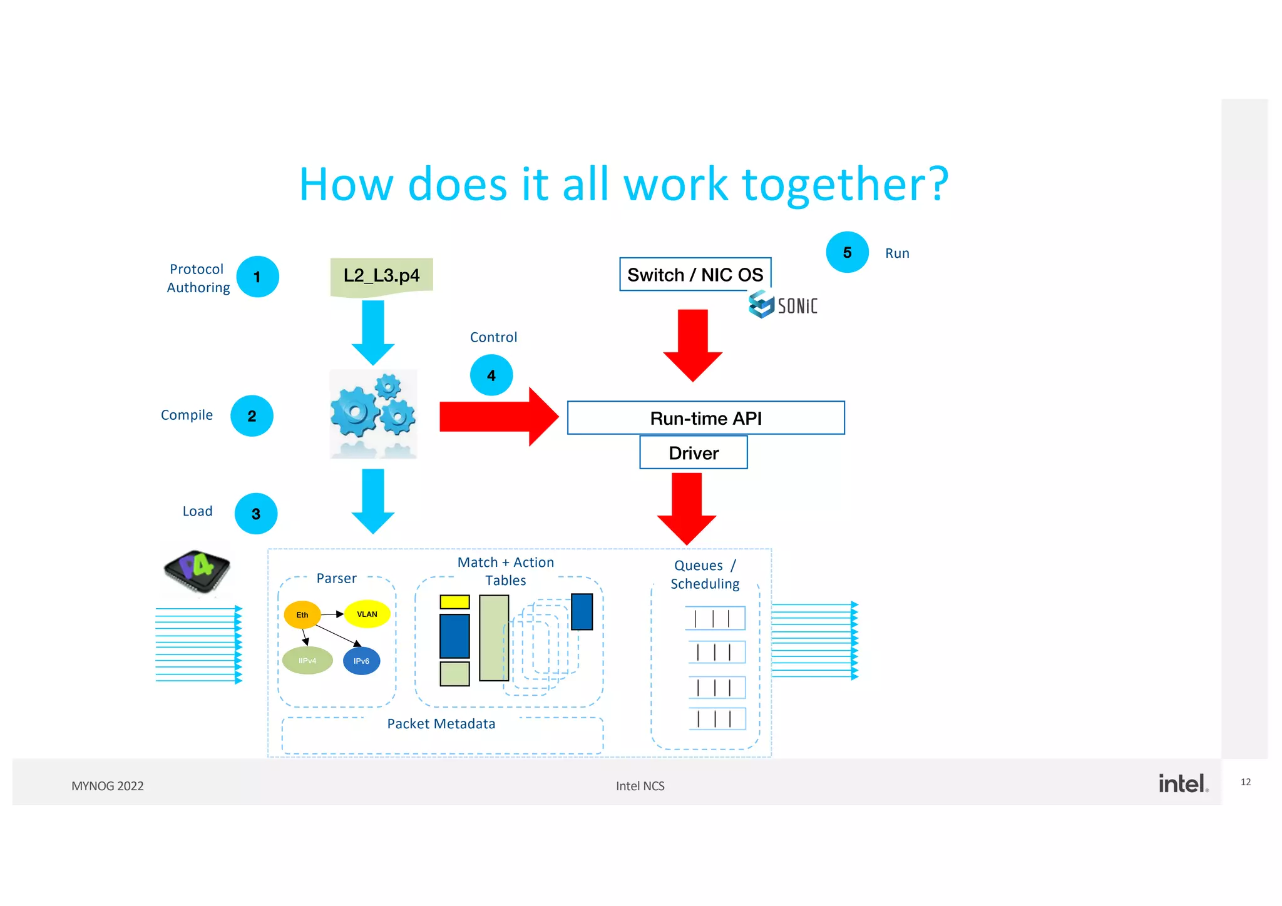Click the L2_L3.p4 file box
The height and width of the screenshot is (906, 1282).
pos(381,275)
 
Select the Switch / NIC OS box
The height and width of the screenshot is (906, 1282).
pos(695,275)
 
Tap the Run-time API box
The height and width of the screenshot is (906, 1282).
pos(705,418)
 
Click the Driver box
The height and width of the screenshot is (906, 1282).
pos(693,452)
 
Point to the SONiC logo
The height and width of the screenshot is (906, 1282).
pos(783,305)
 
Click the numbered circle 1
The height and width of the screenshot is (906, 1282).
pos(257,277)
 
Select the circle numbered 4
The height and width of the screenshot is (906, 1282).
pos(491,375)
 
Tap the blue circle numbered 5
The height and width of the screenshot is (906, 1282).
pos(847,253)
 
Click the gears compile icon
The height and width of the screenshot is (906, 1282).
pos(373,413)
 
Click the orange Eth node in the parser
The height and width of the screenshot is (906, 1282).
pos(302,614)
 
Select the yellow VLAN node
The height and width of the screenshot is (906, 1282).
pos(367,614)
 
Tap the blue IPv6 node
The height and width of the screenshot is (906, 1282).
pos(361,661)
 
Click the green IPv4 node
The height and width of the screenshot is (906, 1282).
pos(307,661)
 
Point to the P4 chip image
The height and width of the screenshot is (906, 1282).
pos(197,570)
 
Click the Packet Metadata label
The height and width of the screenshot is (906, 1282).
pos(441,724)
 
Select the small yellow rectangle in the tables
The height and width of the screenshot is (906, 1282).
pos(454,602)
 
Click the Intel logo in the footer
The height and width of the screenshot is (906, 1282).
pos(1182,783)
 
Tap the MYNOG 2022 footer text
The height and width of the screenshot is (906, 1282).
pos(108,786)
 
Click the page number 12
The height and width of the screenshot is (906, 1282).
pos(1245,782)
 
